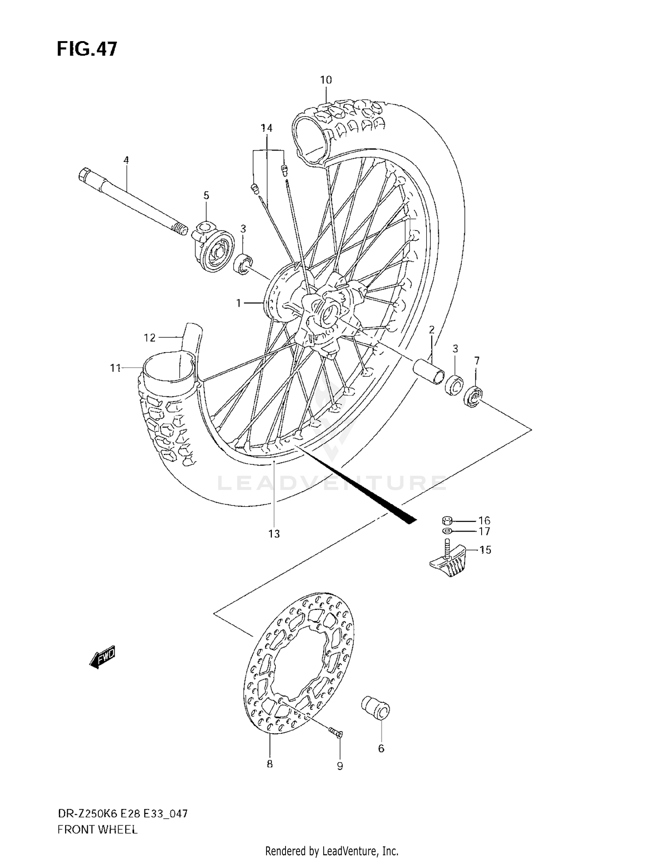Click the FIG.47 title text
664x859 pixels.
point(87,49)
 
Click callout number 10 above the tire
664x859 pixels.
point(326,80)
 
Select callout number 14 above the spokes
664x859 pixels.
point(266,128)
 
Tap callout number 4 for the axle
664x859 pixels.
point(126,160)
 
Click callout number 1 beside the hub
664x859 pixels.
point(239,303)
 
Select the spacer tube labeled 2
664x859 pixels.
point(429,369)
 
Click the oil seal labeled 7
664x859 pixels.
point(473,397)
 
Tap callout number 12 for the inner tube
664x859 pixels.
point(150,338)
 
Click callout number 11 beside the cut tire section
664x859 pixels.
point(116,368)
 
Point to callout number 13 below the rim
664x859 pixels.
point(274,534)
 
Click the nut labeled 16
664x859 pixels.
point(447,520)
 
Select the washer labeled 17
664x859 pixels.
point(447,531)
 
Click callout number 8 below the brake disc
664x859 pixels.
point(270,764)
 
